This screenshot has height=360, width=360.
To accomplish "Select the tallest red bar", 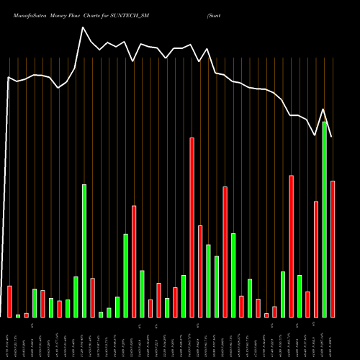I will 192,227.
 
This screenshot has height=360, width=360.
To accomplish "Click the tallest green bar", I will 325,220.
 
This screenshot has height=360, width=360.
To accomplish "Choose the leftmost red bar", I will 10,301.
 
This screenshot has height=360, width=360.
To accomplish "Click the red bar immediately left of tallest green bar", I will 316,259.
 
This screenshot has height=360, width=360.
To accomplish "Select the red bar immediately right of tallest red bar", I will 200,271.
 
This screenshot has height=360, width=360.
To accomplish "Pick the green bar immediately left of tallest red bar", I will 184,296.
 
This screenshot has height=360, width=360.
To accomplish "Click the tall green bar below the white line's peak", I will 84,251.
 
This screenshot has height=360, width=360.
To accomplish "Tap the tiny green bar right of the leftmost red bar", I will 18,315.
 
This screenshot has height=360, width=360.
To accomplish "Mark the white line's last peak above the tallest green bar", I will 324,109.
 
